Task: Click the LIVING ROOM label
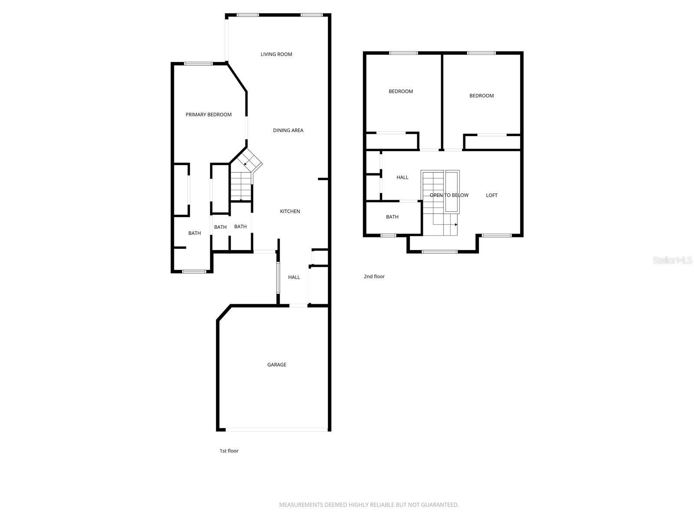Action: tap(276, 54)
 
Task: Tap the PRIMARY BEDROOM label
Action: tap(209, 114)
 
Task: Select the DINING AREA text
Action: tap(288, 130)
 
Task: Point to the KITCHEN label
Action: tap(290, 211)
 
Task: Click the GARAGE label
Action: tap(277, 365)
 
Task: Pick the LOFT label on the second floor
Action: tap(491, 195)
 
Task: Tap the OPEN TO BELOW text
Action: tap(449, 195)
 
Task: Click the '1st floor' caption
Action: tap(229, 451)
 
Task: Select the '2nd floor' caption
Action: tap(374, 276)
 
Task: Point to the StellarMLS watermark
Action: tap(672, 260)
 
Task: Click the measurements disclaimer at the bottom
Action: tap(369, 505)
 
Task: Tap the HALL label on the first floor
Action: tap(294, 277)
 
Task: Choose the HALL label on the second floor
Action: tap(403, 177)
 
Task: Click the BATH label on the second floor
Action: tap(392, 217)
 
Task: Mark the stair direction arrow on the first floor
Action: tap(246, 164)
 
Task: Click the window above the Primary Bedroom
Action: tap(199, 64)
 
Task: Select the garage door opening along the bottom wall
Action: tap(277, 430)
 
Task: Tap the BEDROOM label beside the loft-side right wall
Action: tap(481, 96)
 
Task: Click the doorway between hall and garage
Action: tap(298, 306)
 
